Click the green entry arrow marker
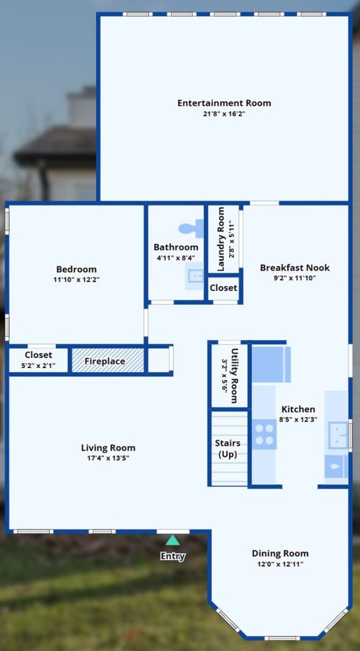[x=173, y=540]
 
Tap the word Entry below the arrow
[x=173, y=556]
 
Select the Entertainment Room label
[x=225, y=102]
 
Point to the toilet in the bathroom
[x=191, y=229]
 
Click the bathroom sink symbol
[x=195, y=276]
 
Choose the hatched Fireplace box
[x=108, y=360]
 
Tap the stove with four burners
[x=265, y=434]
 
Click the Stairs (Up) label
[x=228, y=449]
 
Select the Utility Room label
[x=234, y=376]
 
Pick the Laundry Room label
[x=221, y=240]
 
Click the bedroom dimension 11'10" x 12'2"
[x=76, y=280]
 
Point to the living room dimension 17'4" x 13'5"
[x=108, y=458]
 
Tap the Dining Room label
[x=280, y=554]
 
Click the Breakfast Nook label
[x=295, y=268]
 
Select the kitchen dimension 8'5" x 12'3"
[x=298, y=420]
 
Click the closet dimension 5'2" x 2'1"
[x=38, y=366]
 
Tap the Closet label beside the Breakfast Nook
[x=223, y=288]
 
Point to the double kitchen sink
[x=338, y=435]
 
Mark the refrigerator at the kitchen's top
[x=271, y=364]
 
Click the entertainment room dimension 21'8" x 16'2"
[x=225, y=113]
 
